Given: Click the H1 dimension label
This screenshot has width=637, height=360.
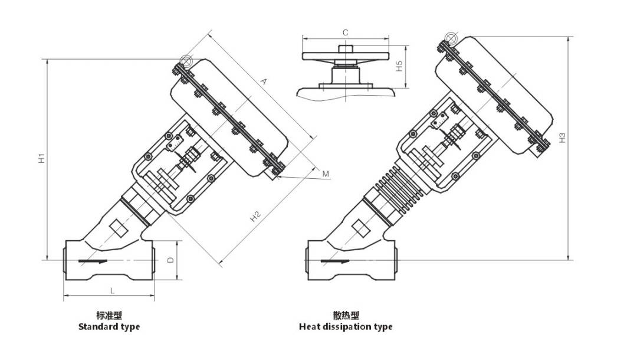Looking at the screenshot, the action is pos(41,158).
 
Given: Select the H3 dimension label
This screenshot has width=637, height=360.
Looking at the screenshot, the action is pos(562,138).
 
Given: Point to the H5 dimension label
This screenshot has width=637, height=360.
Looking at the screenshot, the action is pos(399,66).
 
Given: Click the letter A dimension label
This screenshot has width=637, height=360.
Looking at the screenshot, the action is pos(263,81).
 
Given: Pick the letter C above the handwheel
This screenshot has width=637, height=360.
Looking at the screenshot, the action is pos(345,32).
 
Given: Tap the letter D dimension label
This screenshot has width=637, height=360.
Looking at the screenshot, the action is pos(171,260).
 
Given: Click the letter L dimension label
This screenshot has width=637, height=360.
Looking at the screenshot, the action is pos(113,290).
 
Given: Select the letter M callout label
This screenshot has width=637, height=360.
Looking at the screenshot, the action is pos(326,174).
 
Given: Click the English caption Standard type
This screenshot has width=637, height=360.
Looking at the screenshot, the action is pos(109,327).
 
